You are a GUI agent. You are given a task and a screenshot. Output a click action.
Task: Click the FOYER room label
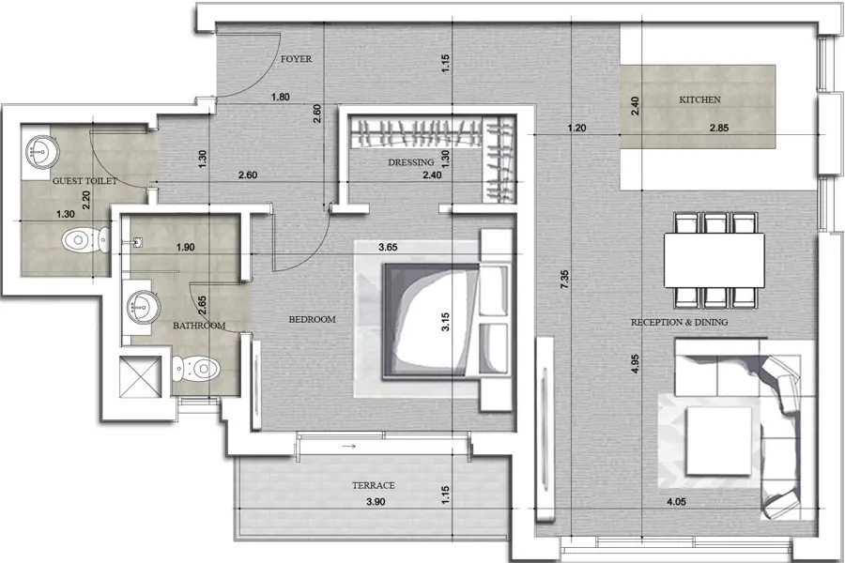point(296,59)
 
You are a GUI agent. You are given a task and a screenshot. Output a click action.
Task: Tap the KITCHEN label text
point(699,99)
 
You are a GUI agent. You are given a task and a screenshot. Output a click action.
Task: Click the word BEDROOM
point(312,320)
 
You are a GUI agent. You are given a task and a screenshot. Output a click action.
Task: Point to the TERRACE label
point(373,485)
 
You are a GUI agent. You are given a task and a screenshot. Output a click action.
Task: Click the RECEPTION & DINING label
point(680,323)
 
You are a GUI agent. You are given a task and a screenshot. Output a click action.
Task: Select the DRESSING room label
point(410,162)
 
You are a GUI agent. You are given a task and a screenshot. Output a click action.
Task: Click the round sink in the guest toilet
point(40,148)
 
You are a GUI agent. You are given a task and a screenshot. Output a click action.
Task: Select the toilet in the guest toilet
point(78,242)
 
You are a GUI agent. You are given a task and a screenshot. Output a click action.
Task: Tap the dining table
point(717,258)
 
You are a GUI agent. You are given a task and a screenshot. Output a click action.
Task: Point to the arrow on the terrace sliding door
point(348,447)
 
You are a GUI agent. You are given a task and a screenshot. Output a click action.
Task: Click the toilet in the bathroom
point(198,364)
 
